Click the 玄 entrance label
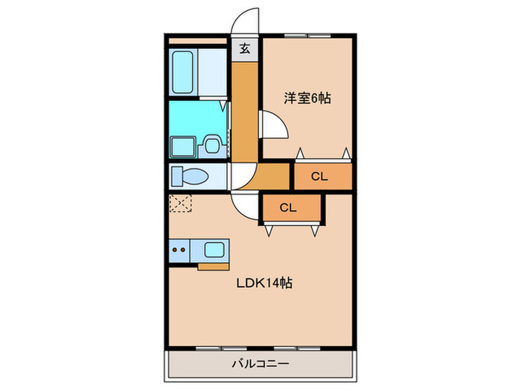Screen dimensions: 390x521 pyautogui.click(x=245, y=50)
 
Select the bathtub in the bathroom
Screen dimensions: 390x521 pyautogui.click(x=183, y=69)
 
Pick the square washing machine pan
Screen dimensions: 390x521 pyautogui.click(x=182, y=146)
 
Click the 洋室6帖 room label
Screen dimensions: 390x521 pyautogui.click(x=306, y=97)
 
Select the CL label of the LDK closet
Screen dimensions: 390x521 pyautogui.click(x=289, y=208)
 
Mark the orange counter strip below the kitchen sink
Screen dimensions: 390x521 pyautogui.click(x=214, y=265)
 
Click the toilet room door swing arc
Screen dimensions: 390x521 pyautogui.click(x=238, y=175)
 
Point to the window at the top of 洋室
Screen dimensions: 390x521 pyautogui.click(x=306, y=35)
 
